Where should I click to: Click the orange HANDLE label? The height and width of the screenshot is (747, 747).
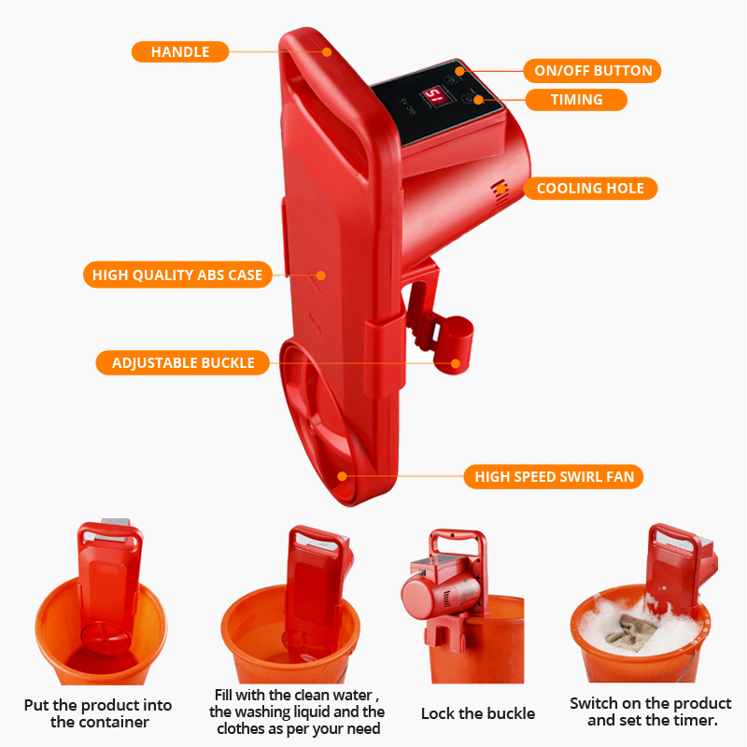click(180, 52)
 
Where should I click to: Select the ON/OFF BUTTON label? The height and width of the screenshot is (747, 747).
click(592, 71)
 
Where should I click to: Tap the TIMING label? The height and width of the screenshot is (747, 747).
click(576, 100)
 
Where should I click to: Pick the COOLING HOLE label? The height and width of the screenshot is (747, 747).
click(590, 189)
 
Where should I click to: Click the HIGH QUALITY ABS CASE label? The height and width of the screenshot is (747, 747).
click(177, 275)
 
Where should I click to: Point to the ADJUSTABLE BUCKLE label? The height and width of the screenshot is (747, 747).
click(183, 363)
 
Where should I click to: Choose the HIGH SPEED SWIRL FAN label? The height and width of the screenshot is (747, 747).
click(554, 477)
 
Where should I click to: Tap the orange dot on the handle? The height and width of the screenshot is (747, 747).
click(327, 52)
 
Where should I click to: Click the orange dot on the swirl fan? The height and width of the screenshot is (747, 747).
click(342, 476)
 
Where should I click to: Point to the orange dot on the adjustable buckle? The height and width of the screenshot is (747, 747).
click(456, 363)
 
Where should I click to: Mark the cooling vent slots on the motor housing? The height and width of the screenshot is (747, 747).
click(500, 194)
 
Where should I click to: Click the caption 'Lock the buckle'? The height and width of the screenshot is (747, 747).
click(478, 713)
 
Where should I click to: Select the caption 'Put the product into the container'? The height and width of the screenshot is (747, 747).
click(98, 713)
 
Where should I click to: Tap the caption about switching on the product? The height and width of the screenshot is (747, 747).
click(651, 712)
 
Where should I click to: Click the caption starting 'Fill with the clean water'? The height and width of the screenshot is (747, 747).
click(297, 712)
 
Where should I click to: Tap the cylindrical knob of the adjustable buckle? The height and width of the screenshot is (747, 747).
click(454, 345)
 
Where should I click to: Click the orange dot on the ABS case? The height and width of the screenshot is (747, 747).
click(321, 275)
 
